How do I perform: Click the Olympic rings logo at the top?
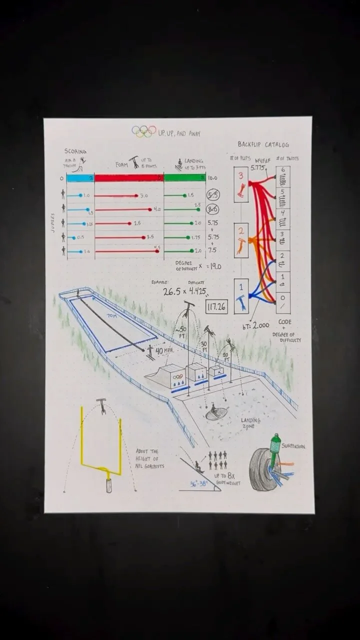(x=144, y=131)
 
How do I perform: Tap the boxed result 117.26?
(x=216, y=306)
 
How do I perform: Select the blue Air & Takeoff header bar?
(x=80, y=177)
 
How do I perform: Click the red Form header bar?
(x=129, y=177)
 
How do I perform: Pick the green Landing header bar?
(x=184, y=177)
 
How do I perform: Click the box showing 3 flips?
(x=241, y=184)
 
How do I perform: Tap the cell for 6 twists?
(x=283, y=177)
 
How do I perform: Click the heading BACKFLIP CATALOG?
(x=263, y=145)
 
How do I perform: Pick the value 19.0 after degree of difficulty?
(x=215, y=266)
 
